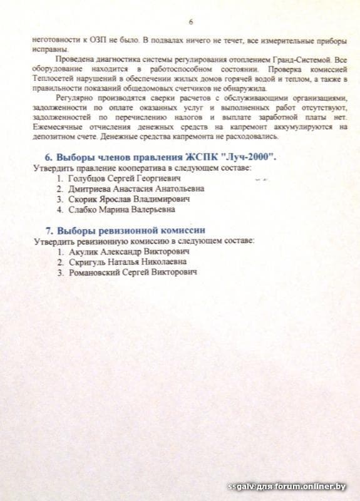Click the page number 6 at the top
[x=190, y=22]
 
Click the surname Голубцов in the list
[x=86, y=178]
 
